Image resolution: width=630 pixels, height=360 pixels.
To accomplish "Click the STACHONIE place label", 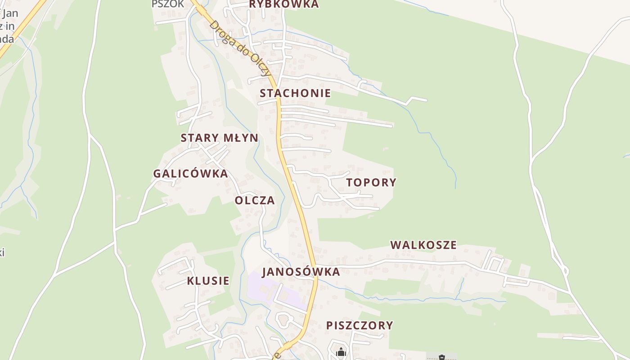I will point(295,93).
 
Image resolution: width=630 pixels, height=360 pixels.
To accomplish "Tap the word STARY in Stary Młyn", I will point(196,138).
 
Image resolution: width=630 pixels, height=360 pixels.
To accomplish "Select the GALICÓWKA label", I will point(190,173).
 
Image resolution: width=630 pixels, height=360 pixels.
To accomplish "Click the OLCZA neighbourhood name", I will point(255,200).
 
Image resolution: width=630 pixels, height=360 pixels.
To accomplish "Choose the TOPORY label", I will point(371,182).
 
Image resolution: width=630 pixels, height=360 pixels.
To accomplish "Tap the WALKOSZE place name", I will point(423,245).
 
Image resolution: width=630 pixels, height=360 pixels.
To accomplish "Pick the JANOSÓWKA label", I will point(301,272).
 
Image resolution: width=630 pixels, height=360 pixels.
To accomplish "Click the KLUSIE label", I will point(208,281).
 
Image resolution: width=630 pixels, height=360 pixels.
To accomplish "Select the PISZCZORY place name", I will point(360,325).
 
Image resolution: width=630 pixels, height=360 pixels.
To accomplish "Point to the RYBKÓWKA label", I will point(283,4).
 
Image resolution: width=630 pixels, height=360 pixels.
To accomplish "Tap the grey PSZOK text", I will point(168,4).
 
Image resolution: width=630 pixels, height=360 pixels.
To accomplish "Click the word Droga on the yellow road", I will point(220,32).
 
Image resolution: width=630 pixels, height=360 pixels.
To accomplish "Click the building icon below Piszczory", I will point(341,352).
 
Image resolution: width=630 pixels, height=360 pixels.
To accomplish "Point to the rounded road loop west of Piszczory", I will point(284,320).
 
